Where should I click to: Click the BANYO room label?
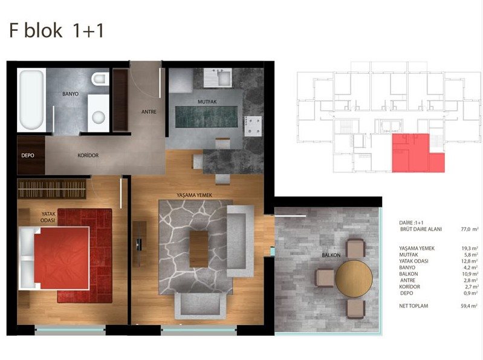[x=70, y=94]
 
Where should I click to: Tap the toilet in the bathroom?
[x=100, y=79]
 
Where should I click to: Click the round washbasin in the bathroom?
[x=99, y=117]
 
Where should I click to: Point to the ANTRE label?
[x=149, y=112]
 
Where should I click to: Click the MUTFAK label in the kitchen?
[x=207, y=102]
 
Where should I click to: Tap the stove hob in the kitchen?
[x=253, y=126]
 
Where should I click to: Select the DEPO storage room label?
[x=28, y=155]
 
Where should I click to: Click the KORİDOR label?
[x=88, y=155]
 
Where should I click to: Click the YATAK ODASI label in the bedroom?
[x=48, y=217]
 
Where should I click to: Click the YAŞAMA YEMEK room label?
[x=195, y=195]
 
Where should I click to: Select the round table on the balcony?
[x=354, y=279]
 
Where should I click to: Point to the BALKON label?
[x=331, y=255]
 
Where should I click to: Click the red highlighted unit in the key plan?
[x=418, y=153]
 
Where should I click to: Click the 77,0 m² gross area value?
[x=470, y=229]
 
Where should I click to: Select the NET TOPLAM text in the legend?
[x=413, y=306]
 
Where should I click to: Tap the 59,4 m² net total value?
[x=470, y=306]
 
